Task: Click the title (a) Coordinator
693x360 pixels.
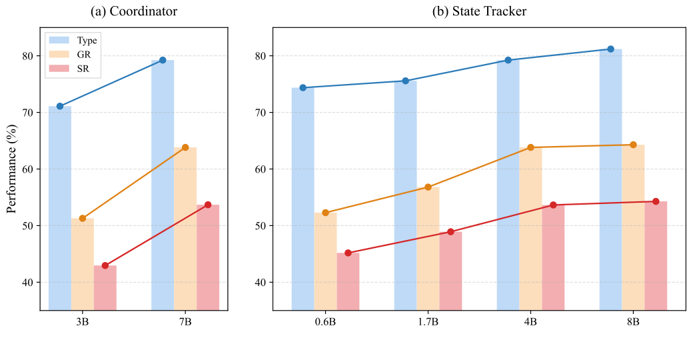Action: click(134, 11)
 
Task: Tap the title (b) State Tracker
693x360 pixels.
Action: click(480, 11)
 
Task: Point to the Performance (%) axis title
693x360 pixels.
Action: click(11, 169)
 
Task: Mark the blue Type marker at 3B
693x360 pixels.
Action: click(60, 106)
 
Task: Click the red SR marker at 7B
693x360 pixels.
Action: click(208, 205)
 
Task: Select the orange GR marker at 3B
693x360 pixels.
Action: click(83, 218)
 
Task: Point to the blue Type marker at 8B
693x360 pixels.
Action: click(610, 49)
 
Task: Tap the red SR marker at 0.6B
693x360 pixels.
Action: click(348, 253)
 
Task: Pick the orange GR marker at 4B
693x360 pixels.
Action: click(530, 147)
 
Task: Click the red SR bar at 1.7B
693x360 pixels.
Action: click(450, 271)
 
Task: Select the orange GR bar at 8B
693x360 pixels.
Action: click(633, 227)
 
